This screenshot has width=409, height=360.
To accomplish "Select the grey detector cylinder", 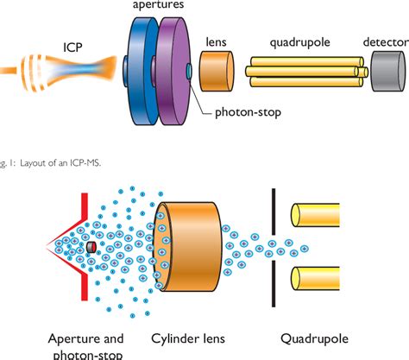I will tap(387, 69).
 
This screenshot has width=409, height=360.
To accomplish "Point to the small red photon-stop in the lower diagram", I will tap(91, 249).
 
